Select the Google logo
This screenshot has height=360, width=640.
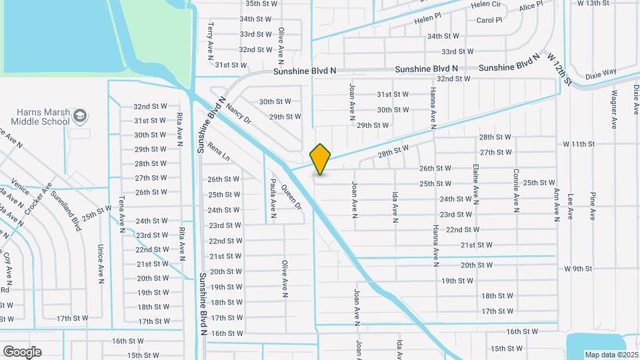coord(22,351)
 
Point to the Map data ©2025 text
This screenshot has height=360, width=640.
coord(611,354)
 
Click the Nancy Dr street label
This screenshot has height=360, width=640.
coord(238,113)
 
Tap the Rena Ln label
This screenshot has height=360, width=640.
coord(218,154)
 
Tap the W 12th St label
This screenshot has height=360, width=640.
coord(560,70)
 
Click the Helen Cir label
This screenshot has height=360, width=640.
coord(485,4)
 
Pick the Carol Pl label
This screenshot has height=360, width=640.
coord(489,20)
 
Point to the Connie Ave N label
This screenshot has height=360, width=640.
coord(517,191)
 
